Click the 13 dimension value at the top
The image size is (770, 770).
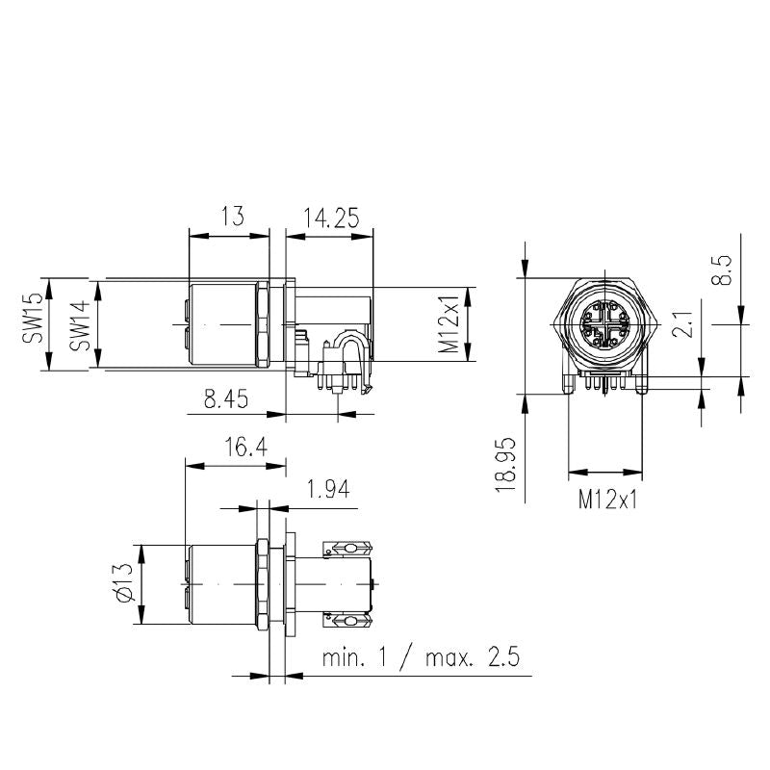(232, 216)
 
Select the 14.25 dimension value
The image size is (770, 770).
(330, 218)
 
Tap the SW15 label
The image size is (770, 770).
(33, 319)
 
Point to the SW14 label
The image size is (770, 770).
(80, 325)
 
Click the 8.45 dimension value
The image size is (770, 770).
(226, 398)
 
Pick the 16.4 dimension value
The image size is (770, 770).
(246, 447)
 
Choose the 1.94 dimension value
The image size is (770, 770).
(327, 489)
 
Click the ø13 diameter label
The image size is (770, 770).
(124, 582)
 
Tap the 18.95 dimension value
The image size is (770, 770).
(506, 465)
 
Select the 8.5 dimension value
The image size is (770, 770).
(721, 269)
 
